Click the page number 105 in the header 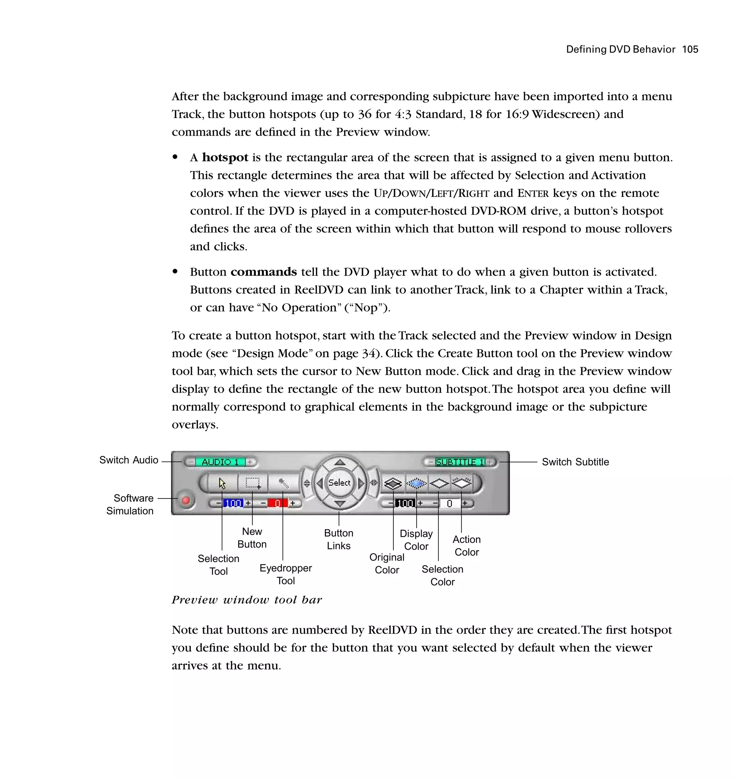coord(690,49)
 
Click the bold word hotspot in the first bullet coord(225,158)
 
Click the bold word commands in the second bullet coord(263,272)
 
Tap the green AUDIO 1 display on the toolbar coord(220,462)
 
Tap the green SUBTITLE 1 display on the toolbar coord(460,462)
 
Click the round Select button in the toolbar coord(339,483)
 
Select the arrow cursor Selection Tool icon coord(222,483)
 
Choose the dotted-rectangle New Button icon coord(253,483)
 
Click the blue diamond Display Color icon coord(416,483)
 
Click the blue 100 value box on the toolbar coord(233,503)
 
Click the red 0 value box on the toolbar coord(277,503)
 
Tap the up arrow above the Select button coord(340,463)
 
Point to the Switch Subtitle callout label coord(575,462)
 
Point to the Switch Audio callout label coord(129,460)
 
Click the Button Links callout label coord(339,539)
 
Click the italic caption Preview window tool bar coord(247,600)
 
